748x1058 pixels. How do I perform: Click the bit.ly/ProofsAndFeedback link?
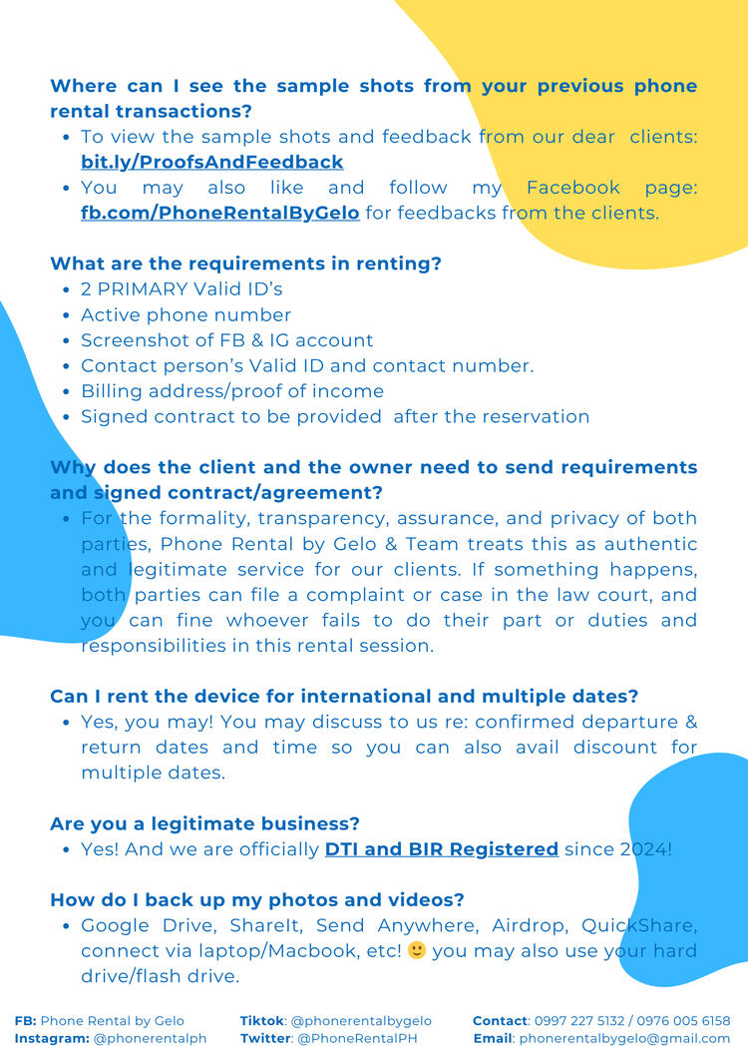tap(211, 162)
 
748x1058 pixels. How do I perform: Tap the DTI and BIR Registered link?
tap(441, 849)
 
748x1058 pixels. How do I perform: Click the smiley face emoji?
tap(417, 950)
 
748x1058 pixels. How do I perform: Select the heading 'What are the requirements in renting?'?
tap(245, 264)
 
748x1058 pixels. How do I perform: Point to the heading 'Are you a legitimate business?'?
tap(204, 823)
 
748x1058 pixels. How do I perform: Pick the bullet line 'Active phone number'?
tap(186, 314)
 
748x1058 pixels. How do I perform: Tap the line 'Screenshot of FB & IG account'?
tap(226, 340)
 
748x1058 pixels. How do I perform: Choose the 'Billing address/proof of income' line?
tap(231, 391)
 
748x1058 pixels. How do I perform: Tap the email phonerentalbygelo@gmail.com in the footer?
tap(624, 1038)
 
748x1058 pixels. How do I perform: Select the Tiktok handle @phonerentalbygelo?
tap(360, 1021)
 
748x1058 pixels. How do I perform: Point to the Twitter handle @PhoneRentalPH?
tap(356, 1038)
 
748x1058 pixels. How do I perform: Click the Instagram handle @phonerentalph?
tap(150, 1038)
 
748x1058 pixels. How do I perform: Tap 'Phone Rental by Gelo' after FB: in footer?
tap(112, 1021)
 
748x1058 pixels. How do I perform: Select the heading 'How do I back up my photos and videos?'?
tap(256, 899)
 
